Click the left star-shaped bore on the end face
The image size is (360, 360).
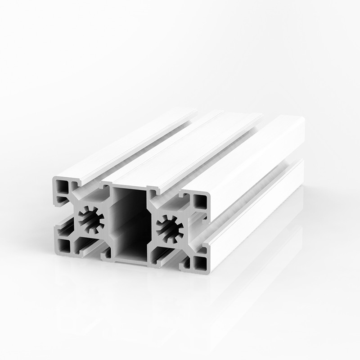pos(92,219)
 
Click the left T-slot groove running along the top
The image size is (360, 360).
pos(135,148)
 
